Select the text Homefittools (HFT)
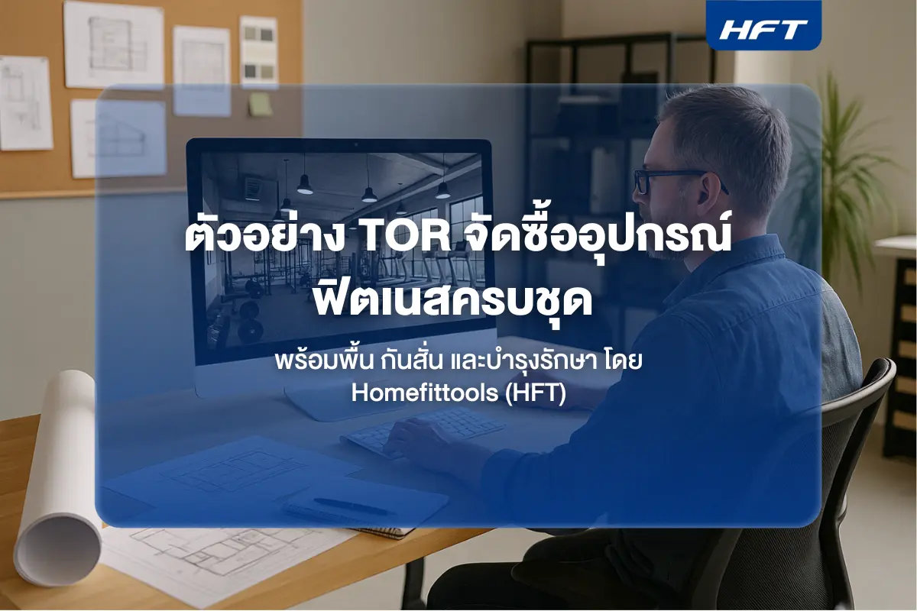458,394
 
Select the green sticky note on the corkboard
260,104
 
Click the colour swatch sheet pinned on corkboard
258,49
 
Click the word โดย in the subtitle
625,360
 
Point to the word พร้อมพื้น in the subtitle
313,360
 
